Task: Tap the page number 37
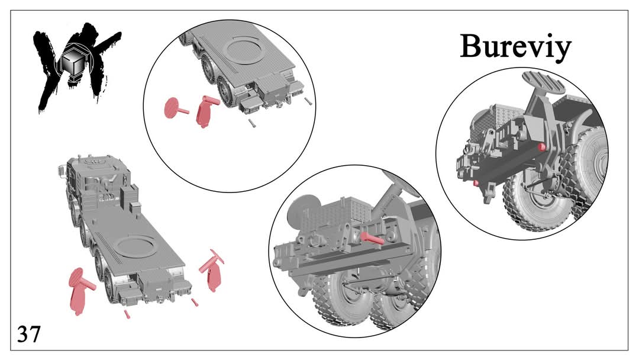coord(29,334)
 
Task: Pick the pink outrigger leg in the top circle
coord(206,111)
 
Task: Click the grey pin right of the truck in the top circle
coord(308,101)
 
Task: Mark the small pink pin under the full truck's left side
coord(127,314)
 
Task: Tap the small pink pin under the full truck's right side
coord(195,302)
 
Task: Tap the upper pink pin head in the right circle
coord(541,147)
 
